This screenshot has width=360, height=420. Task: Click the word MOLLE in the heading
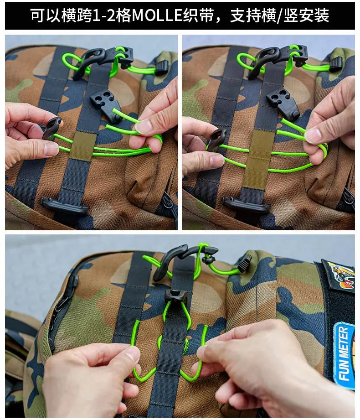157,16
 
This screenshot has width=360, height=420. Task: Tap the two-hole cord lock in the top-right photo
283,103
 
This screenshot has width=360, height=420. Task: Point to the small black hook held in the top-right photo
217,138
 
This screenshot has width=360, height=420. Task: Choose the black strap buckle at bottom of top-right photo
246,205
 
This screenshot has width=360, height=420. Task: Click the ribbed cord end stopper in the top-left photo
162,68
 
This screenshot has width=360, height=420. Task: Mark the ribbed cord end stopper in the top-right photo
335,65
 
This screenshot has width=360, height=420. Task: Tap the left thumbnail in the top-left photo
51,149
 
